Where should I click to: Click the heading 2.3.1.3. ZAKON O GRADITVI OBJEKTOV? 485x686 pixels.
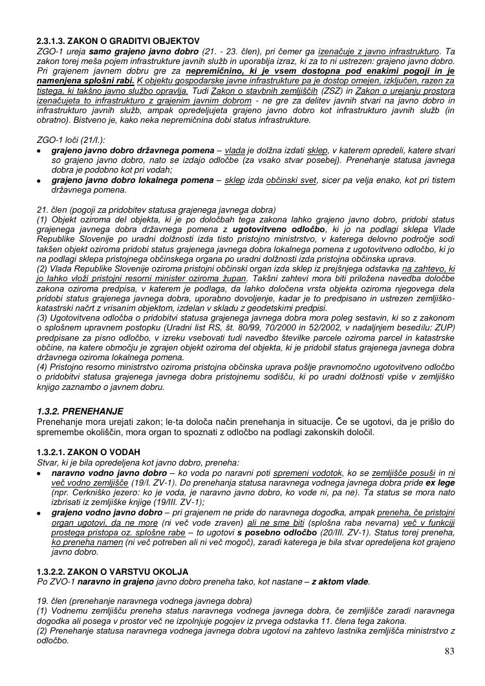(x=118, y=41)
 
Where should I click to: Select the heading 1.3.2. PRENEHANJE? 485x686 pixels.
(x=80, y=411)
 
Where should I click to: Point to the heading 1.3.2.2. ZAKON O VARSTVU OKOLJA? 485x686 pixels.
(x=113, y=572)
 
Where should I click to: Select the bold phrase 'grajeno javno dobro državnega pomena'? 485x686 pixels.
(x=129, y=150)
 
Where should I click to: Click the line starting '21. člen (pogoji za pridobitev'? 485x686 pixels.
(x=156, y=209)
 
